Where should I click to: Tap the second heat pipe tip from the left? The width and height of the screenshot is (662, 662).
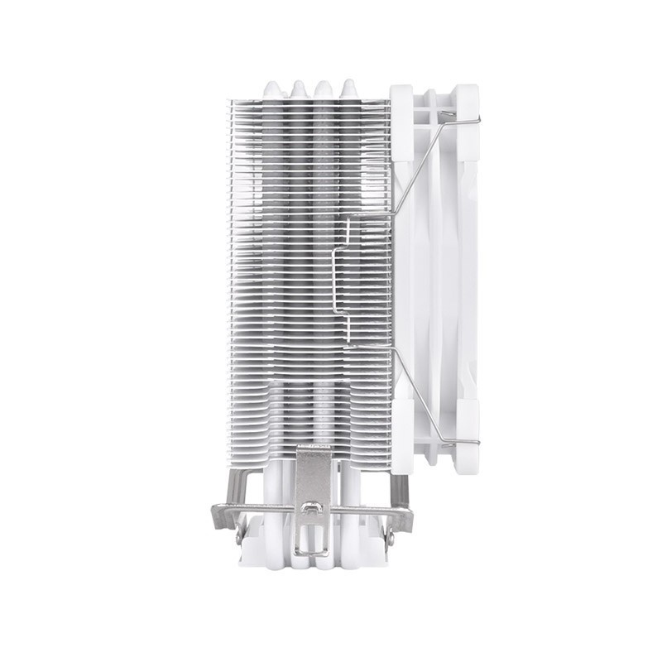pos(298,87)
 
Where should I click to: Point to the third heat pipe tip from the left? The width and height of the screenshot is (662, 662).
pos(324,87)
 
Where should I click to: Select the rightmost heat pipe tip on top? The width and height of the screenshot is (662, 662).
pos(349,87)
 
